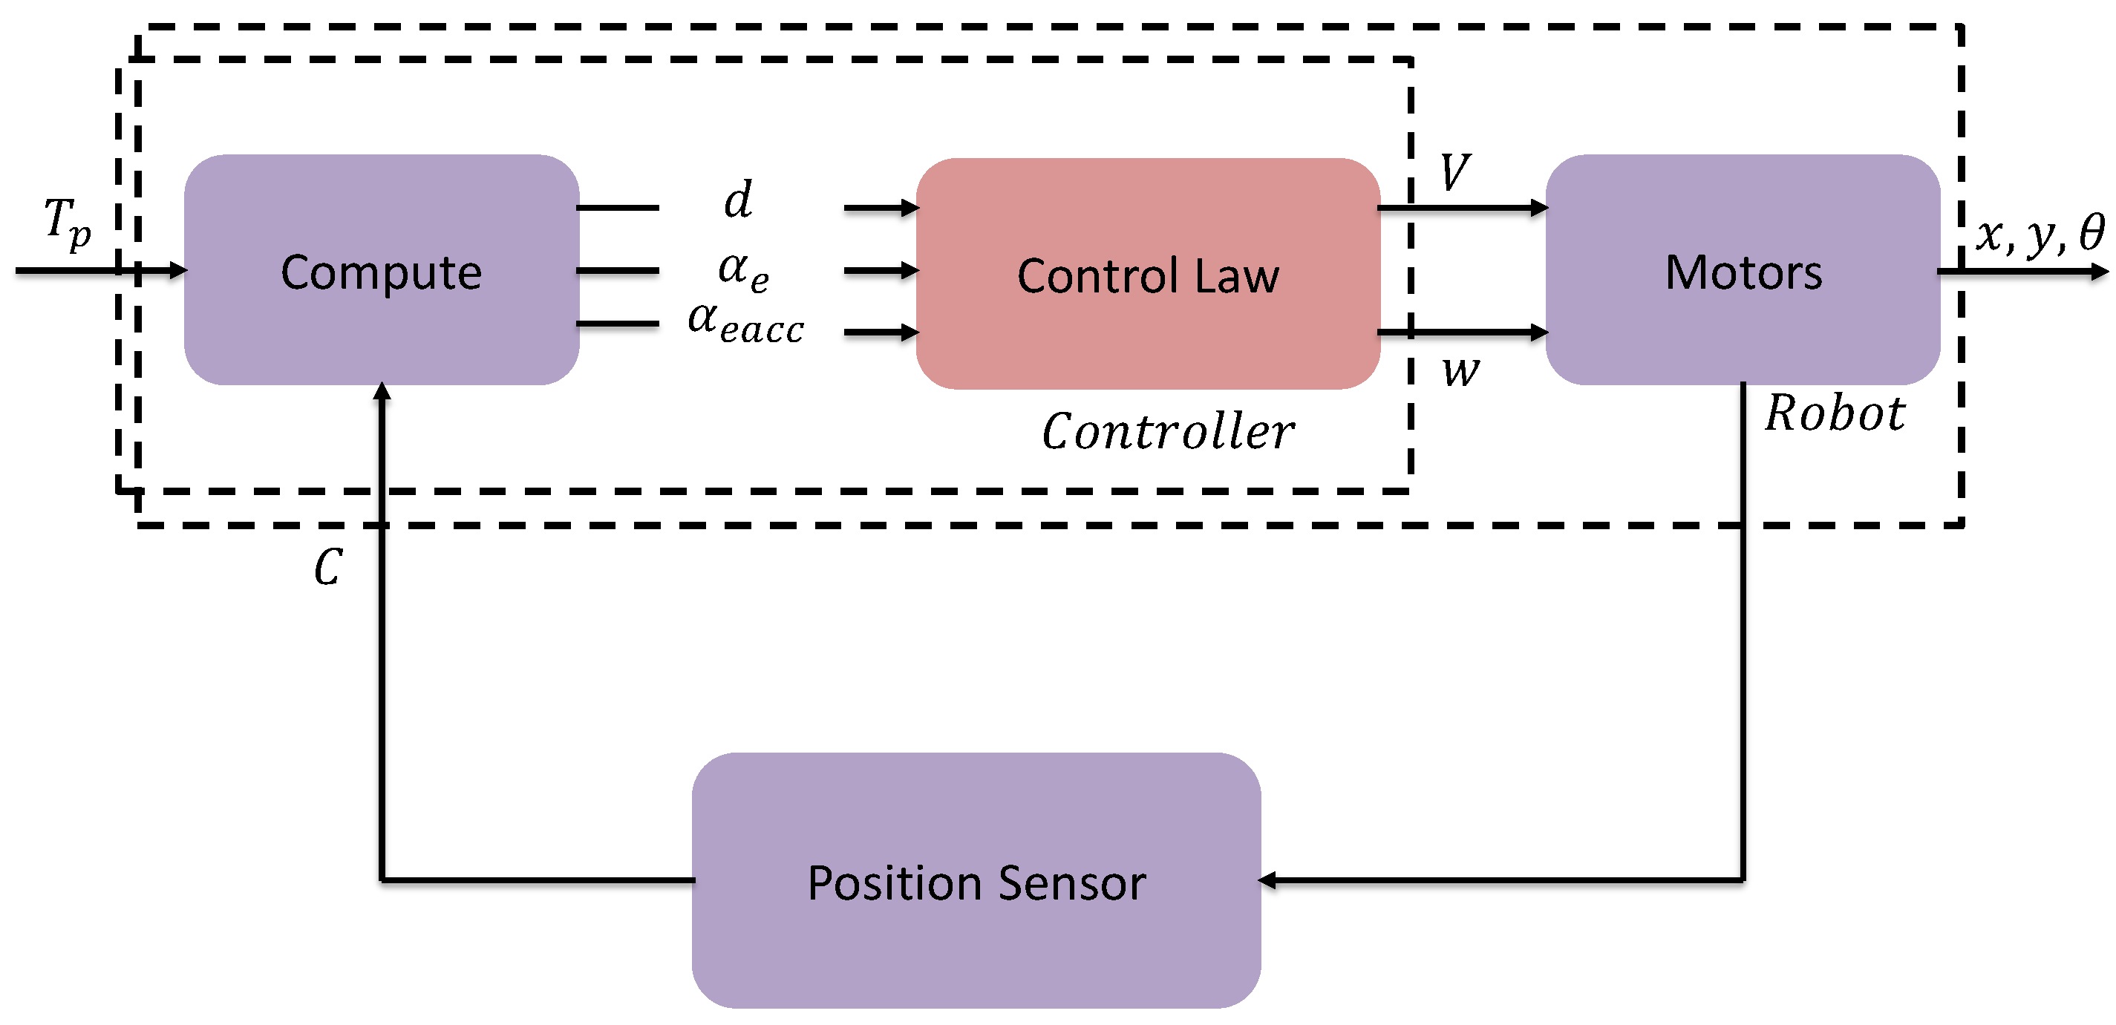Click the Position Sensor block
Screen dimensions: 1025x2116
pos(976,880)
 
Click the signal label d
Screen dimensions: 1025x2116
pos(738,200)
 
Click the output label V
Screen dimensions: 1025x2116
pos(1454,172)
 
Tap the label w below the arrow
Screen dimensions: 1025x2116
pos(1460,371)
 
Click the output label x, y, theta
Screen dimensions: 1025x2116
pos(2040,234)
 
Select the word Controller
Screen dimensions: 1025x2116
pos(1167,431)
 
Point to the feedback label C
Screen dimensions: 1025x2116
pos(327,567)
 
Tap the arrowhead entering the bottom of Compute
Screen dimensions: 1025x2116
pos(382,391)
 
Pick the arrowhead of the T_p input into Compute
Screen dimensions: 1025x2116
pos(178,269)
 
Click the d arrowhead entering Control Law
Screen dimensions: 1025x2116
pos(910,208)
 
